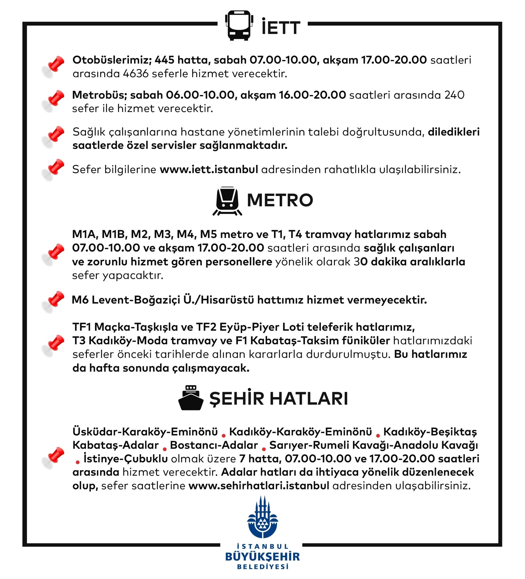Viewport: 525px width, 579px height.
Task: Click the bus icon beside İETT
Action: point(239,25)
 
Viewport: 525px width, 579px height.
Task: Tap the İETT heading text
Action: point(281,28)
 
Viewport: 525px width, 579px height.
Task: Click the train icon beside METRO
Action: point(227,201)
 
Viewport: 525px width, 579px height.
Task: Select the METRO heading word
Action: point(280,200)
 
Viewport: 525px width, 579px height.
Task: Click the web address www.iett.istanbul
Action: point(209,169)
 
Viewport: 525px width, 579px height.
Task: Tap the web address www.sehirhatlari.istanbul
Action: point(259,486)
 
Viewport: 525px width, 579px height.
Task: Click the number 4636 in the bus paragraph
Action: point(135,74)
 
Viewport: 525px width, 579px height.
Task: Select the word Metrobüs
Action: point(99,95)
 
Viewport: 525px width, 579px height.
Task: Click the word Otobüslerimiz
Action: point(112,60)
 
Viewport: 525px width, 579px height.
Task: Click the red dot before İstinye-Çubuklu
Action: point(77,462)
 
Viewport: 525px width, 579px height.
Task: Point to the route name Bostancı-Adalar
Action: point(214,445)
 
